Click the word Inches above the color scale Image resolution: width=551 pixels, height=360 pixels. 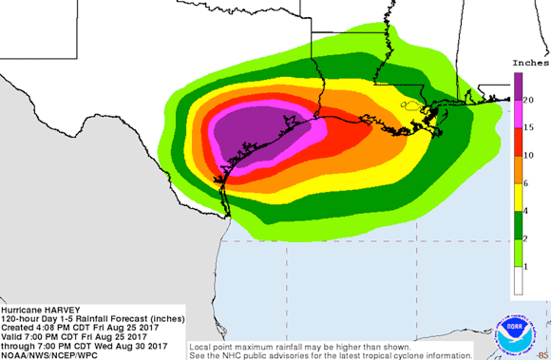coord(528,63)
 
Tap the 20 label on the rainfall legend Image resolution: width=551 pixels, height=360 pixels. coord(528,99)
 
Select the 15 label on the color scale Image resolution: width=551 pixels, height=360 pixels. coord(528,126)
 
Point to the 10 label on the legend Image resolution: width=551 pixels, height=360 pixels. coord(528,155)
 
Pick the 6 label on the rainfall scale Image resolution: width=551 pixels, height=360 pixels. coord(525,182)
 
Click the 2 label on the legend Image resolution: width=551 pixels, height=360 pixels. coord(525,238)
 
